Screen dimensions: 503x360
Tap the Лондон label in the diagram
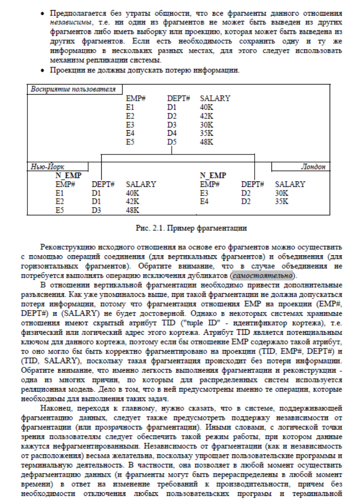tap(313, 166)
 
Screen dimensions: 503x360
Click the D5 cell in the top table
tap(173, 142)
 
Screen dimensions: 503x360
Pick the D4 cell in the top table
tap(173, 134)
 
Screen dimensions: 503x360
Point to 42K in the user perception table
tap(207, 116)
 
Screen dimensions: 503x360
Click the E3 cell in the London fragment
tap(205, 193)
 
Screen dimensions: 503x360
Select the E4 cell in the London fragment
tap(205, 201)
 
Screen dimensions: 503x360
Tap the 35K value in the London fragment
tap(282, 201)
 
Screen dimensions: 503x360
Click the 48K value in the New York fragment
tap(133, 210)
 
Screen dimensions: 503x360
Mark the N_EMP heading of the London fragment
tap(213, 175)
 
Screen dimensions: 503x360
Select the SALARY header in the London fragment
tap(290, 184)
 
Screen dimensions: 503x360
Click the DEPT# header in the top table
tap(178, 98)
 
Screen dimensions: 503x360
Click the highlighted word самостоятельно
tap(261, 276)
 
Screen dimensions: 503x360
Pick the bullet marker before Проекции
tap(43, 69)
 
